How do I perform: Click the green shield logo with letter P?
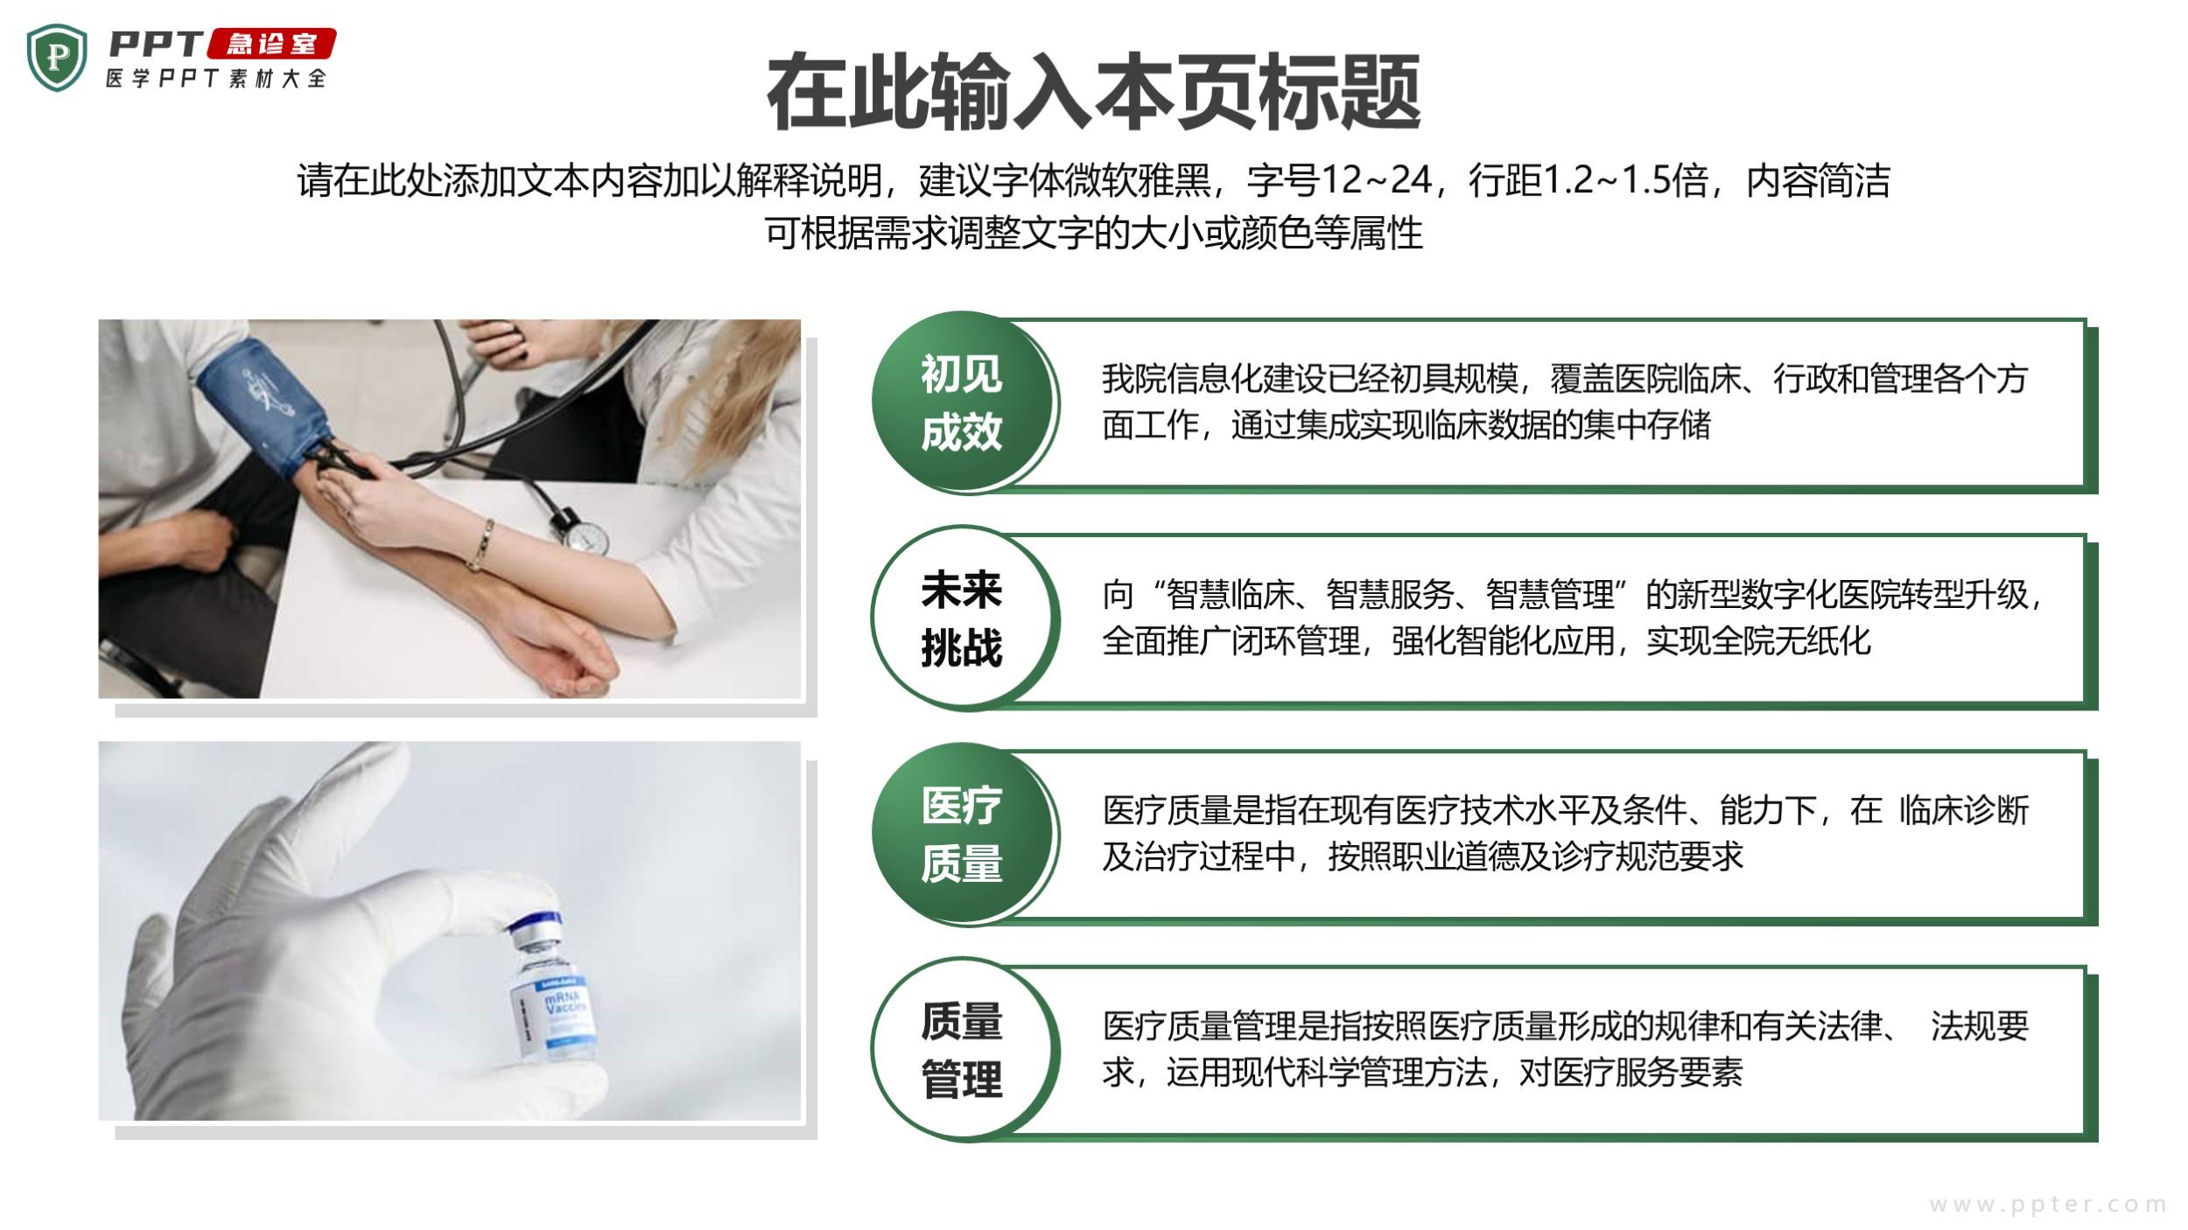tap(57, 58)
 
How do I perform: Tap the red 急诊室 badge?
tap(271, 44)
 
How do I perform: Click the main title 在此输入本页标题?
tap(1094, 91)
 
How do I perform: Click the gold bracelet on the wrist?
tap(480, 544)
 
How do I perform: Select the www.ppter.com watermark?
tap(2048, 1205)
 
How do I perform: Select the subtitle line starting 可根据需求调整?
tap(1094, 233)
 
